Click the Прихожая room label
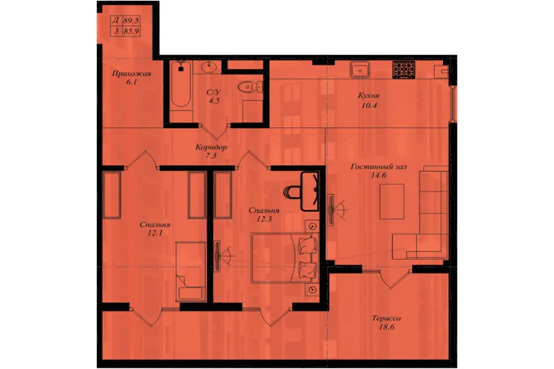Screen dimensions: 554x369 (x=132, y=73)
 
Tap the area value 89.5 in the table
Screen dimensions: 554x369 (x=132, y=20)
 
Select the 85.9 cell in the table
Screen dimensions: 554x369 (x=132, y=31)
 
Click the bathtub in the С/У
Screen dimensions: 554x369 (x=181, y=84)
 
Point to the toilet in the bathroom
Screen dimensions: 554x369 (x=250, y=87)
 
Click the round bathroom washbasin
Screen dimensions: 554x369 (x=208, y=66)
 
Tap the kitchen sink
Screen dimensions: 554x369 (x=359, y=70)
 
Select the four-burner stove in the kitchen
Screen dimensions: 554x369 (x=404, y=69)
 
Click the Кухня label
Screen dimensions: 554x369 (x=369, y=95)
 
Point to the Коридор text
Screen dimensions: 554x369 (x=211, y=147)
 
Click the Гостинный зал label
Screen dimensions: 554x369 (x=379, y=167)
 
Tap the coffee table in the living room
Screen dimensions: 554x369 (x=392, y=202)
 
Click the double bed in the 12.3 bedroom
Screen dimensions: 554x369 (x=284, y=258)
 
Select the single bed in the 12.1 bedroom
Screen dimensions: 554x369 (x=191, y=272)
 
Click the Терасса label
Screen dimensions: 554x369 (x=387, y=318)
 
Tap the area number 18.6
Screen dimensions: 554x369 (x=387, y=327)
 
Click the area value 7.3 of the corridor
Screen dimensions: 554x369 (x=211, y=156)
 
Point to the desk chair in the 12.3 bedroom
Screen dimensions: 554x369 (x=292, y=192)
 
